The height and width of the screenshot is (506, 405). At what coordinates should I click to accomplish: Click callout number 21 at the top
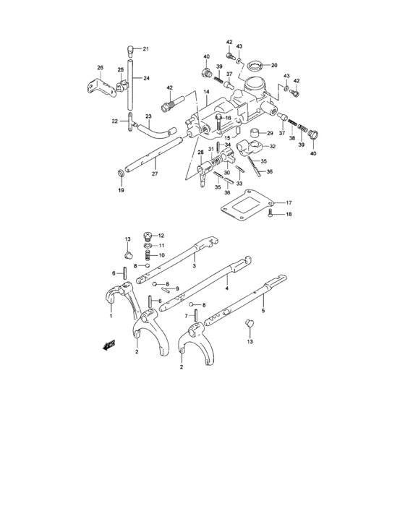pos(145,49)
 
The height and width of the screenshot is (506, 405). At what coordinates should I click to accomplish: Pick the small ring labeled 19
pos(120,173)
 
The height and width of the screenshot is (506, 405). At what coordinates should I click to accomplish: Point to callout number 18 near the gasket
pos(288,215)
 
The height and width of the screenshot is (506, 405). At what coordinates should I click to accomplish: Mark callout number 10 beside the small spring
pos(162,255)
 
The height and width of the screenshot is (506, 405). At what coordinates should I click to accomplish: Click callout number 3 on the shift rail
pos(194,266)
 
